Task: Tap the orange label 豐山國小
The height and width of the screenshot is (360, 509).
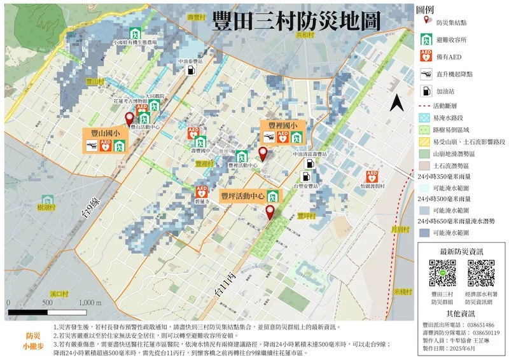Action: tap(102, 134)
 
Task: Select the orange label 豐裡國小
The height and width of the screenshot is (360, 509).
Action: tap(283, 125)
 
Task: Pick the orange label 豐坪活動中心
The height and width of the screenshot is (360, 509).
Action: tap(242, 196)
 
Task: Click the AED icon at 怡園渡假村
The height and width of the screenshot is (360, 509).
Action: tap(373, 176)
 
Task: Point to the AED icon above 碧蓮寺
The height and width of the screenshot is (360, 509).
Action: tap(202, 190)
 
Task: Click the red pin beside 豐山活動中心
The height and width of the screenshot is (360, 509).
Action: tap(130, 118)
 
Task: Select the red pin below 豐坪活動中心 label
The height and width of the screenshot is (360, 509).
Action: tap(270, 212)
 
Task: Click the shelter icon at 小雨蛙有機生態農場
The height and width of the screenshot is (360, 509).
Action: tap(135, 32)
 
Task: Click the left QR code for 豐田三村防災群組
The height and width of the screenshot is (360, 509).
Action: tap(442, 273)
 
